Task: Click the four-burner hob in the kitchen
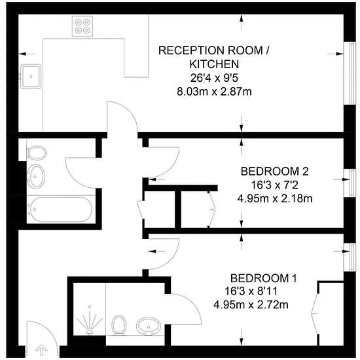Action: pos(82,26)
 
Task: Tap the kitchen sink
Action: pos(31,77)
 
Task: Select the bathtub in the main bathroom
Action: pos(61,209)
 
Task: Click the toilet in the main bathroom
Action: pos(37,153)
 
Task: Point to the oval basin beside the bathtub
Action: pos(36,176)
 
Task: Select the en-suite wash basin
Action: pos(149,326)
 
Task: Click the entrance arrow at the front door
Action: pos(41,350)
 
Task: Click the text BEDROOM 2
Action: pos(275,171)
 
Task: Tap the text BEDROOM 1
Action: pos(264,278)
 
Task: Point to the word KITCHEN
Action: pos(214,64)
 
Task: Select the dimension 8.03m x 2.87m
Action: pos(214,92)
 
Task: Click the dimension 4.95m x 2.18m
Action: pos(275,198)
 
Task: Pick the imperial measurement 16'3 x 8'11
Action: pos(251,291)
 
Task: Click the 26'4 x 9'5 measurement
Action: pos(214,78)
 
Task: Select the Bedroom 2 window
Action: pos(350,183)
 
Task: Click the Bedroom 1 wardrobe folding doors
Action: pos(315,314)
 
